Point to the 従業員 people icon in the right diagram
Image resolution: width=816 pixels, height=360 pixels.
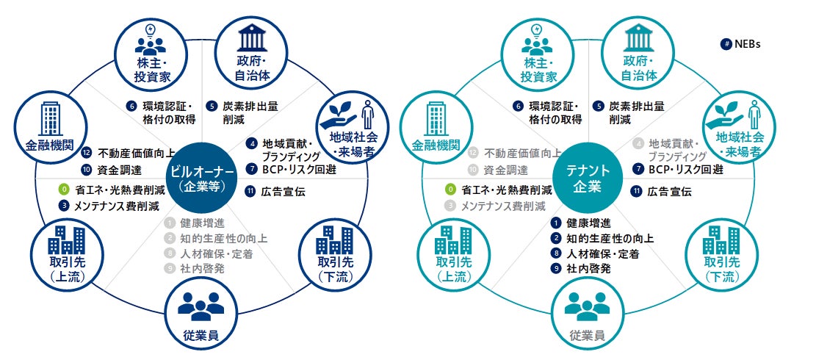(588, 308)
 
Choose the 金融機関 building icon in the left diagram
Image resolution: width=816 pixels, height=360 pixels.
(51, 115)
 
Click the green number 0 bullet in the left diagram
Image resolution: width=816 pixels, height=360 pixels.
(65, 190)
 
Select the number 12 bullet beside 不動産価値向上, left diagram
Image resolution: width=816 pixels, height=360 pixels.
(86, 154)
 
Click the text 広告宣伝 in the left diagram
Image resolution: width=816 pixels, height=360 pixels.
(283, 192)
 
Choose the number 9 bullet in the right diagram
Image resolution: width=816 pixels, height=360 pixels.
(556, 269)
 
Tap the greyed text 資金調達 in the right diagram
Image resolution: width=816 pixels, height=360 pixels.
(508, 170)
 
